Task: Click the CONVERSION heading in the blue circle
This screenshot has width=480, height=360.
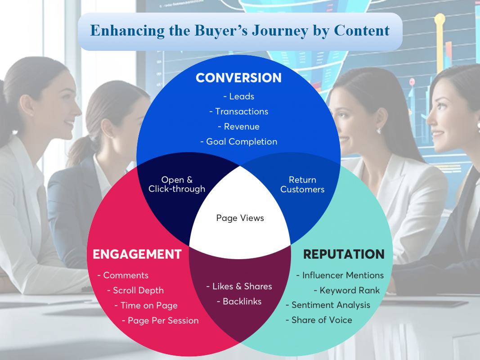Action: click(238, 78)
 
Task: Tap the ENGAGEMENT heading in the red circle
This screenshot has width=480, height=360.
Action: click(137, 254)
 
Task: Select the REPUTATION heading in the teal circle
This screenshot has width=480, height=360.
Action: click(344, 254)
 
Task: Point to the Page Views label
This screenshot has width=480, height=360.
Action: click(240, 218)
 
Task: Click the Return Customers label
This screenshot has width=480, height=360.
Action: click(302, 184)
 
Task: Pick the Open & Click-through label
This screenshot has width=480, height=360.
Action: click(177, 184)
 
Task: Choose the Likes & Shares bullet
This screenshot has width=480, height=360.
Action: click(239, 286)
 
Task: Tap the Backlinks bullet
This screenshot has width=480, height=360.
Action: click(239, 301)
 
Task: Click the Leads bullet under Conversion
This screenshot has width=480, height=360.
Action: click(239, 96)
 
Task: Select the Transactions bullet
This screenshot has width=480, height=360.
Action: click(239, 112)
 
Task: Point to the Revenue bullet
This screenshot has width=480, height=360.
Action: click(239, 126)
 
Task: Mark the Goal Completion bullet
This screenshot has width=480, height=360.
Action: click(239, 142)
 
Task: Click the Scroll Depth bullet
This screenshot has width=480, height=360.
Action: click(135, 291)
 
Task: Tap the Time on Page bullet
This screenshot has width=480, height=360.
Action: click(146, 306)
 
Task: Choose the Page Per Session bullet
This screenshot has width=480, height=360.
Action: click(161, 320)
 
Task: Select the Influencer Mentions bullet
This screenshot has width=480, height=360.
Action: click(340, 275)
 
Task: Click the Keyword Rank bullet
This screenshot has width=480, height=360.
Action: click(346, 290)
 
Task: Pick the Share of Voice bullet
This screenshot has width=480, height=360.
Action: click(319, 320)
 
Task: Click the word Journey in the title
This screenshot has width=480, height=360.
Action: click(280, 31)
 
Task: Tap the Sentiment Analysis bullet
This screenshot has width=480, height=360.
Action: click(328, 305)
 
